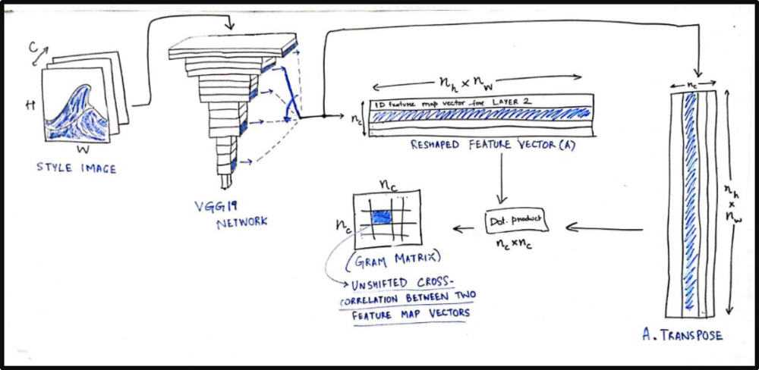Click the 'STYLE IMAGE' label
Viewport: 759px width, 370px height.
76,168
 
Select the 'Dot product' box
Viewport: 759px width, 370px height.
516,220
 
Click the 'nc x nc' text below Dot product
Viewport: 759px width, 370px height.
514,245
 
